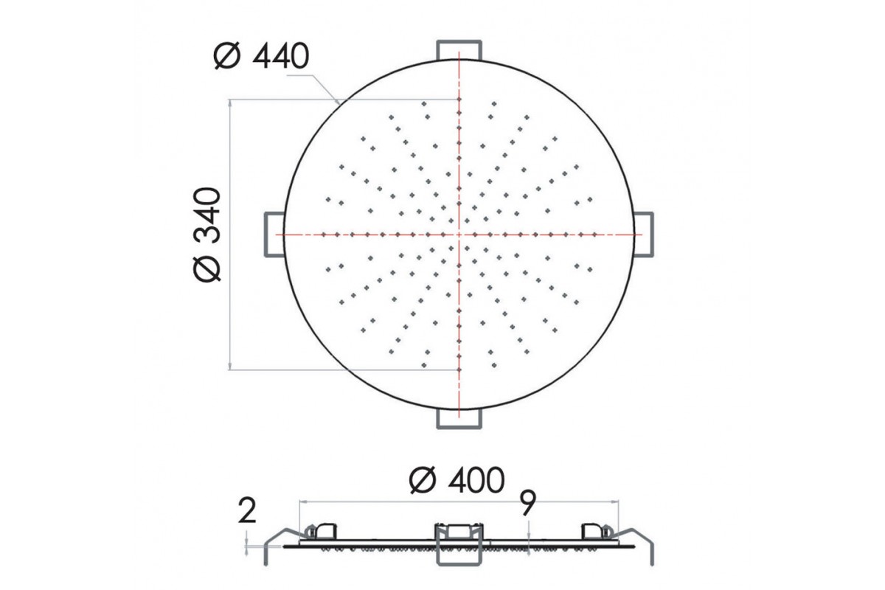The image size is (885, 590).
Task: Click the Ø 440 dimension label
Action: (261, 57)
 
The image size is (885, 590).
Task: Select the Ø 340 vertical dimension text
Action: (207, 235)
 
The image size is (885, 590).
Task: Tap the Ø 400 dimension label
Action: (457, 480)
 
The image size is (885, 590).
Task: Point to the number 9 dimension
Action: (528, 503)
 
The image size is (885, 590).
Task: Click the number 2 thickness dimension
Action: (247, 511)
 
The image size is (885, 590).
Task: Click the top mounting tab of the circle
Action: (459, 50)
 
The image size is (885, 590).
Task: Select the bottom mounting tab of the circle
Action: (459, 419)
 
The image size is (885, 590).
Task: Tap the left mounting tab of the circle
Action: (274, 235)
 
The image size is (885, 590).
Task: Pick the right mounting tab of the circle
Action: (643, 235)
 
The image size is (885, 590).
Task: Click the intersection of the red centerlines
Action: (459, 235)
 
